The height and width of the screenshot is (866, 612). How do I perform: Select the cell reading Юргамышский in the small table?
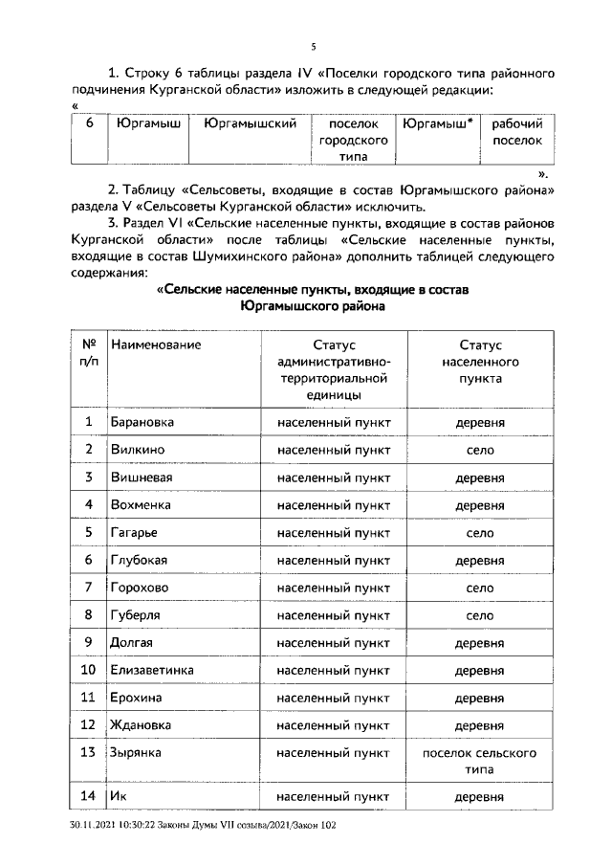[244, 124]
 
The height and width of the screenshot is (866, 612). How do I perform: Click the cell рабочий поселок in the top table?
[516, 132]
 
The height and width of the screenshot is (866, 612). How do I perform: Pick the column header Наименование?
[156, 344]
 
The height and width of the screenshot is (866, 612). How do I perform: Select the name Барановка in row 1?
[143, 422]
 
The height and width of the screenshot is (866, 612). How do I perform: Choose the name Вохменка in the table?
[142, 504]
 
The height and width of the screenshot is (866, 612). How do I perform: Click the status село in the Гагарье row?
[479, 532]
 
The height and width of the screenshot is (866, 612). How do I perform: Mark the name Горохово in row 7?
[142, 587]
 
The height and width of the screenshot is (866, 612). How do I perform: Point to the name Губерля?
[138, 614]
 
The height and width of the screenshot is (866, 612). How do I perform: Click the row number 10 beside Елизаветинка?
[88, 670]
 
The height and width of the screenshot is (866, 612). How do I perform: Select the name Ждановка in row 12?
[142, 725]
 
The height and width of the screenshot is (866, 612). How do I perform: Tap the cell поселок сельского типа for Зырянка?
[479, 761]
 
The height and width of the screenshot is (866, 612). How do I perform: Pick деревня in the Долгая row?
[479, 642]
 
